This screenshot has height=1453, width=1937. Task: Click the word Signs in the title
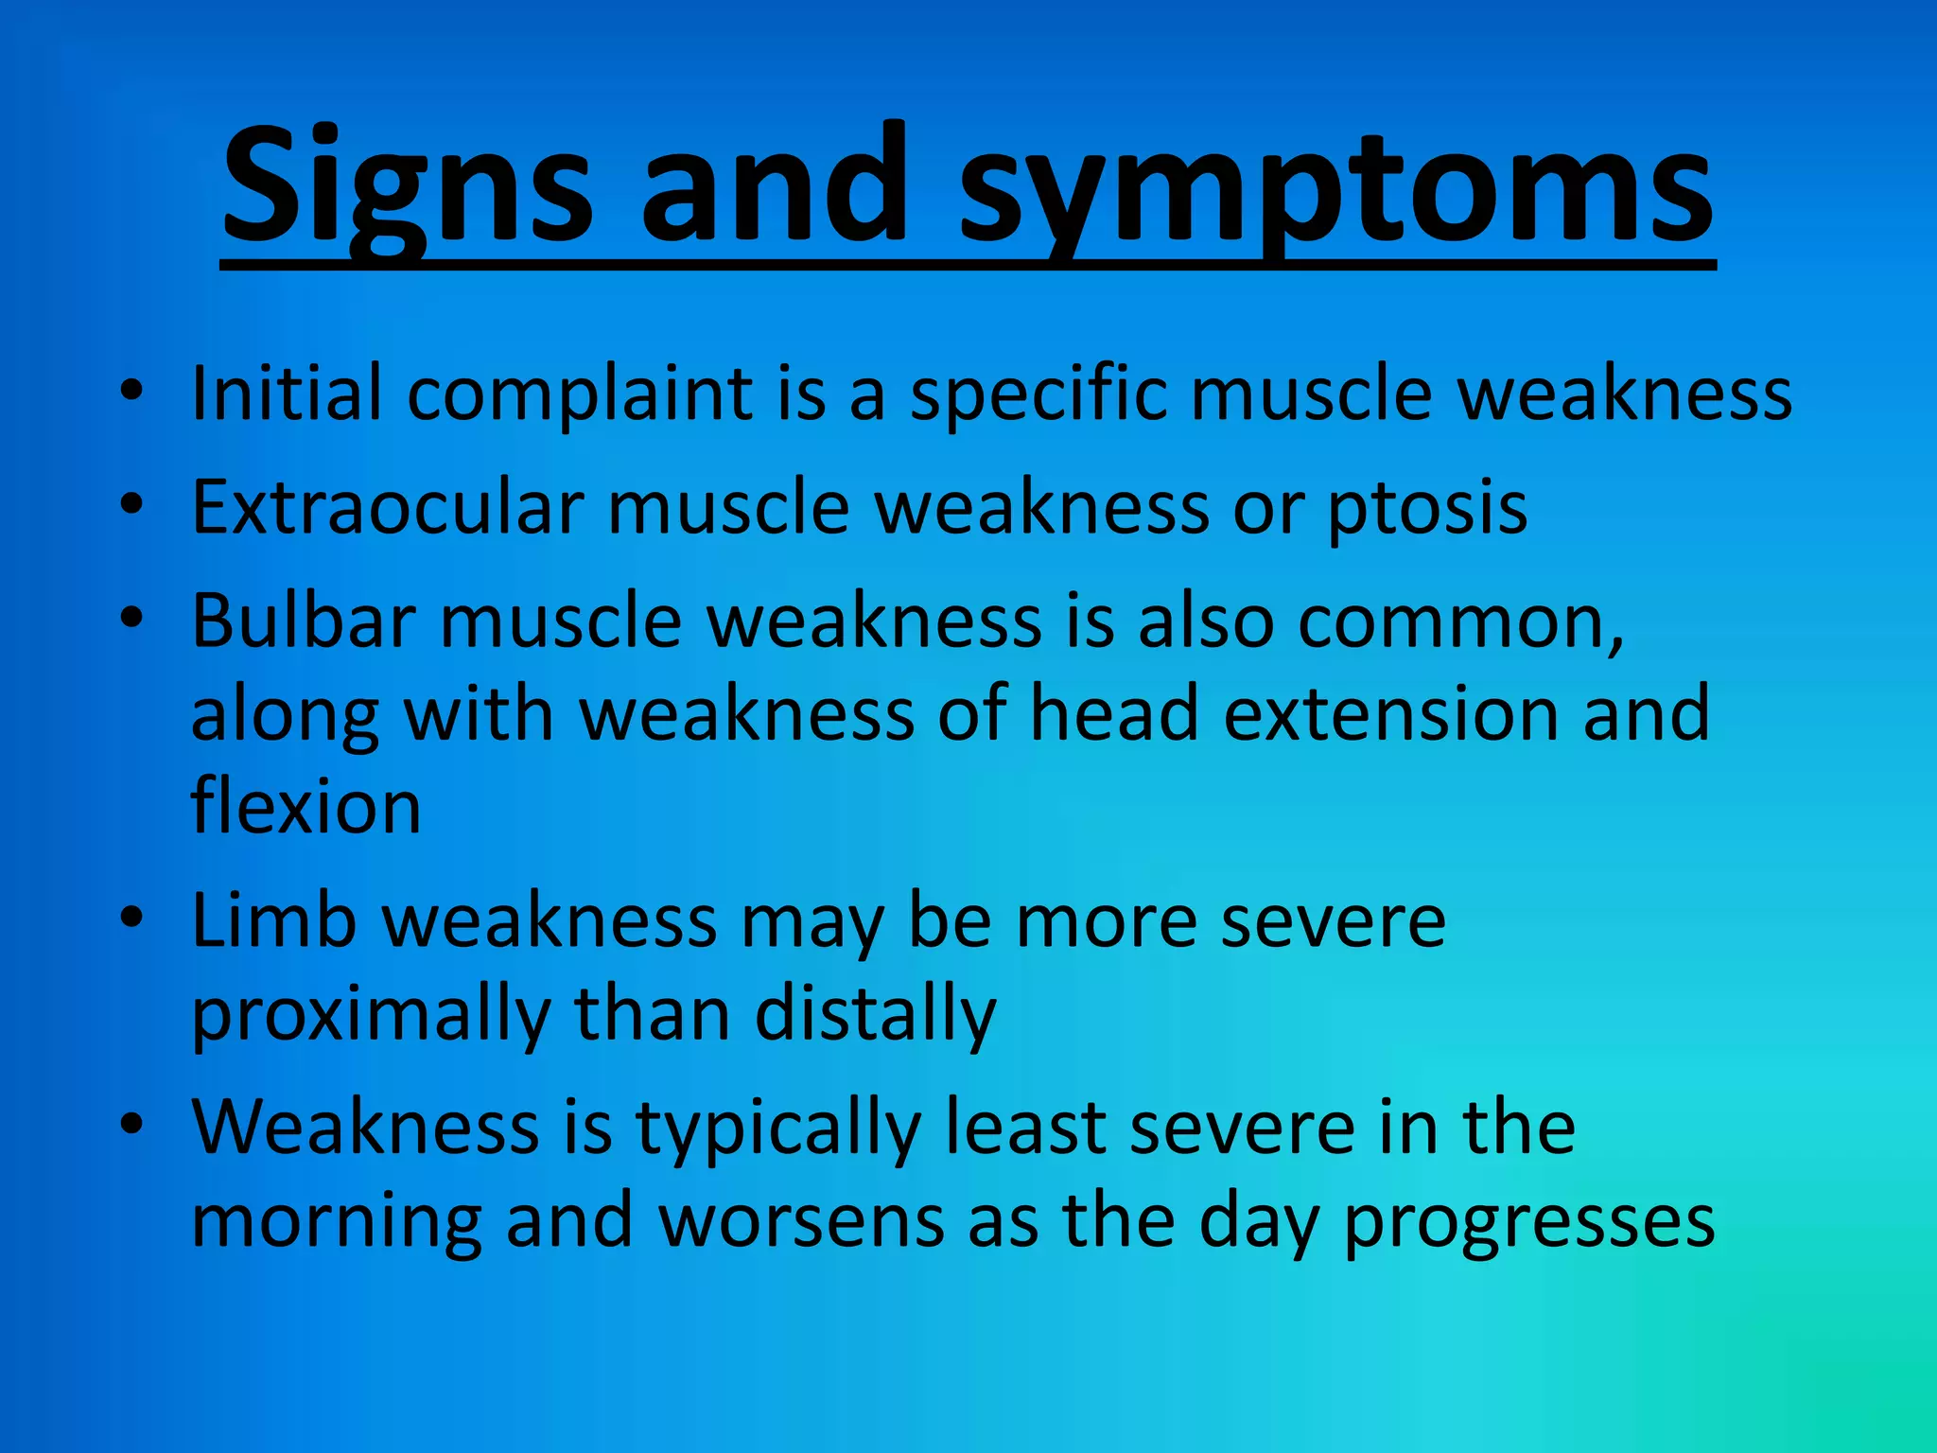407,184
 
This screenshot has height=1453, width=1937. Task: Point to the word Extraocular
388,508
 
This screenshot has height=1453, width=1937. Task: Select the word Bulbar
304,621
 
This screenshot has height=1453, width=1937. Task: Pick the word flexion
305,807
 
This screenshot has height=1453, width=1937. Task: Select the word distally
875,1014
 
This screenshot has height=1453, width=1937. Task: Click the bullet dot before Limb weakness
131,918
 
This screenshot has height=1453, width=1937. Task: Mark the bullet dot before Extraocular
131,503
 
